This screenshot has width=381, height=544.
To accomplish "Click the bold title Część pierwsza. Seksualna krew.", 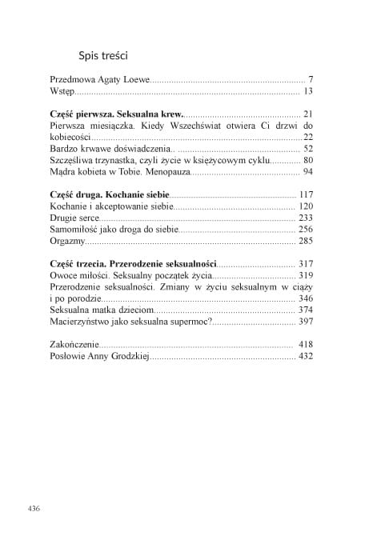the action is [x=116, y=114].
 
